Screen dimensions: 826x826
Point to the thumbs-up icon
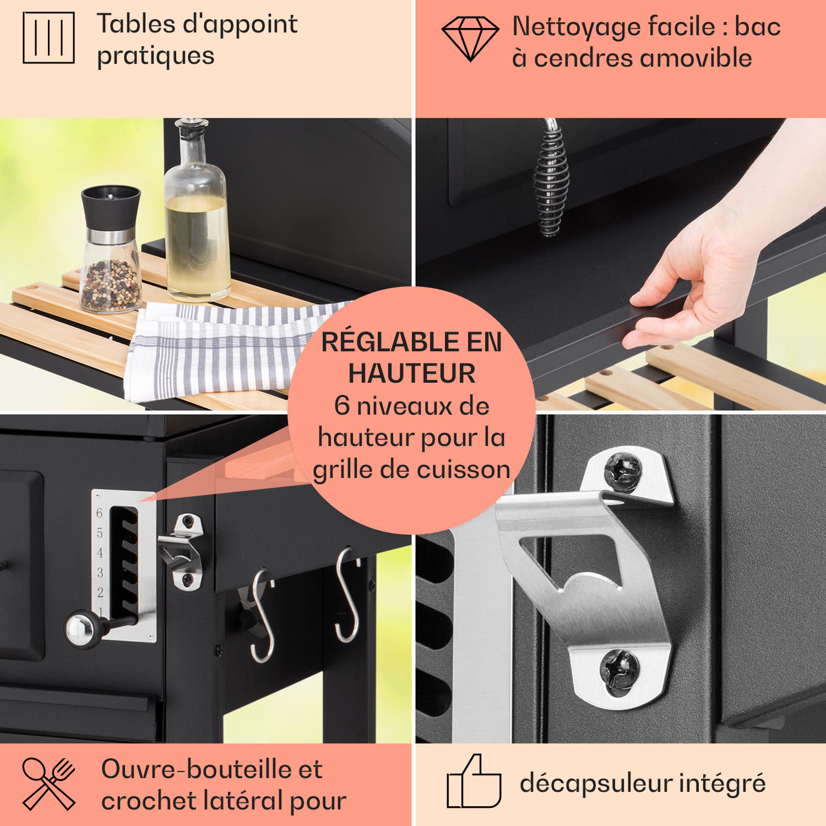pyautogui.click(x=474, y=782)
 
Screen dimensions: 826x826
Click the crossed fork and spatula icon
pyautogui.click(x=48, y=784)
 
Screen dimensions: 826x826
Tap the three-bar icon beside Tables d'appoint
pyautogui.click(x=48, y=37)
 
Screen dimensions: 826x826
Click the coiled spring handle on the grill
pyautogui.click(x=550, y=179)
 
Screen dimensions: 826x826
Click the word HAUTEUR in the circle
pyautogui.click(x=412, y=374)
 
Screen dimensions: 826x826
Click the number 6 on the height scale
pyautogui.click(x=100, y=513)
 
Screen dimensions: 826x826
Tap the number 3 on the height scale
pyautogui.click(x=100, y=573)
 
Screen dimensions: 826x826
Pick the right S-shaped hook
pyautogui.click(x=347, y=595)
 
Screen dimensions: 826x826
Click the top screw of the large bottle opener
pyautogui.click(x=623, y=471)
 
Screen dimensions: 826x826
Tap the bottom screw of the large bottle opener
pyautogui.click(x=620, y=670)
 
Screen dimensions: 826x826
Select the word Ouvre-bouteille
pyautogui.click(x=197, y=769)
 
